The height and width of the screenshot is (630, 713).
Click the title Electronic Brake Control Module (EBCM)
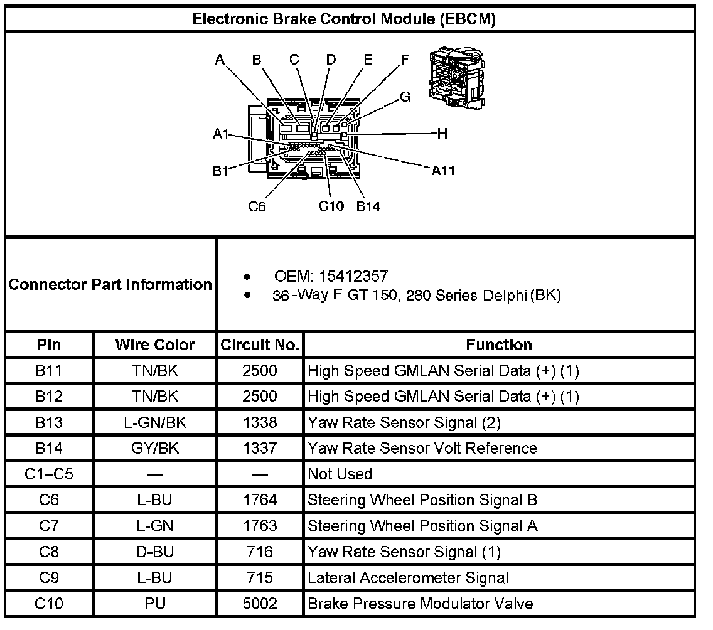pos(344,19)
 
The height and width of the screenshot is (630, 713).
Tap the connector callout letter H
pos(442,133)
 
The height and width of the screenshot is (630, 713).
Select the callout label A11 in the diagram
pos(443,170)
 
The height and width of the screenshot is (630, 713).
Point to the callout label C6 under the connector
pos(257,206)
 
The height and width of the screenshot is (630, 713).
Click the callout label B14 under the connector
pos(368,206)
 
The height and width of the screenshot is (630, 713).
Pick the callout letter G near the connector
pos(405,97)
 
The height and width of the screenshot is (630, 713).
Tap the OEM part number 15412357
pos(353,276)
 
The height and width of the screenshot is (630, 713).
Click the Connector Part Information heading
pos(110,285)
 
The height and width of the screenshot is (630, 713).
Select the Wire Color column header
pos(155,344)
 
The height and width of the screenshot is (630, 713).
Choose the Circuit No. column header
pos(260,344)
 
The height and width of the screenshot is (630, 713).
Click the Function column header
pos(499,344)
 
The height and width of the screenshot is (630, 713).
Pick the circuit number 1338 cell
pos(260,422)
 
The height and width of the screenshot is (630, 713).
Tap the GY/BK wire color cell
pos(155,448)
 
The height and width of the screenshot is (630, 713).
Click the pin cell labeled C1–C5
pos(49,474)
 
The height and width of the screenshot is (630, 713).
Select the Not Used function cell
pos(340,474)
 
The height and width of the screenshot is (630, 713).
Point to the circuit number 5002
pos(260,604)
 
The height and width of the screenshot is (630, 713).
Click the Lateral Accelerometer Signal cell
pos(409,578)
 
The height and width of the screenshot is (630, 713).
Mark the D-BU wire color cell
pos(155,552)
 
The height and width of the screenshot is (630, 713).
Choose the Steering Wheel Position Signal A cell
pos(423,526)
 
